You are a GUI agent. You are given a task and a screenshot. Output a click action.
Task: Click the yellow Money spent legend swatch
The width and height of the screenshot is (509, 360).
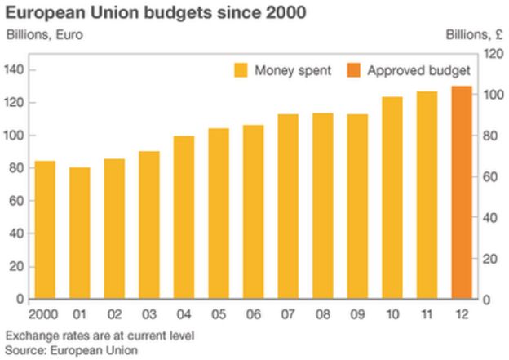pyautogui.click(x=240, y=70)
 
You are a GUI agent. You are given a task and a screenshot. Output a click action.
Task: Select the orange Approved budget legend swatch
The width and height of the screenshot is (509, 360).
pyautogui.click(x=353, y=70)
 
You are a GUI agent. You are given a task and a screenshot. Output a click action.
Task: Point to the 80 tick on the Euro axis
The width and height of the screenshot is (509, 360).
pyautogui.click(x=15, y=168)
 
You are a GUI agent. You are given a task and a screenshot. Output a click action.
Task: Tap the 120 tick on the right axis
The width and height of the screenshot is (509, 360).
pyautogui.click(x=492, y=54)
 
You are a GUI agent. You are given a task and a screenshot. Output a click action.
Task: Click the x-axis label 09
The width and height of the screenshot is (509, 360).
pyautogui.click(x=358, y=313)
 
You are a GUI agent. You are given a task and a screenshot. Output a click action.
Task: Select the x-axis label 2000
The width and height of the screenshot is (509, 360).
pyautogui.click(x=44, y=313)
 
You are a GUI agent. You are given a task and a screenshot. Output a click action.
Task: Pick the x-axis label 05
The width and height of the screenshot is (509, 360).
pyautogui.click(x=219, y=313)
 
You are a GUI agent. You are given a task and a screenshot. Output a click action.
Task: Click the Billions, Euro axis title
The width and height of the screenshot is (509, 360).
pyautogui.click(x=44, y=35)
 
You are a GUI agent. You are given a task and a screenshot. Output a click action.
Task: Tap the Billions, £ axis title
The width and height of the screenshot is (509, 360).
pyautogui.click(x=472, y=35)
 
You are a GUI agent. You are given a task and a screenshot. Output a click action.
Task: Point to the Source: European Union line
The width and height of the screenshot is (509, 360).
pyautogui.click(x=71, y=349)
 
